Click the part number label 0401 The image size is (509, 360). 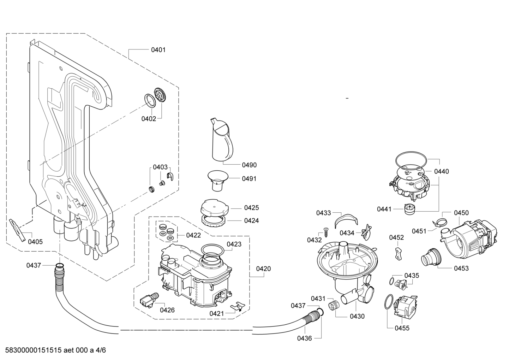tap(158, 50)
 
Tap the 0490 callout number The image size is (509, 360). tap(249, 165)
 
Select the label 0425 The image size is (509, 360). tap(251, 208)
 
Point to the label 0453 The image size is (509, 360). tap(461, 268)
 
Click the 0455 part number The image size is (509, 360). tap(402, 328)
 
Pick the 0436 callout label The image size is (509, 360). tap(305, 338)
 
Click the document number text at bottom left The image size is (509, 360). tap(55, 350)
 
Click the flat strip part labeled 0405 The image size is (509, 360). tap(18, 230)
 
